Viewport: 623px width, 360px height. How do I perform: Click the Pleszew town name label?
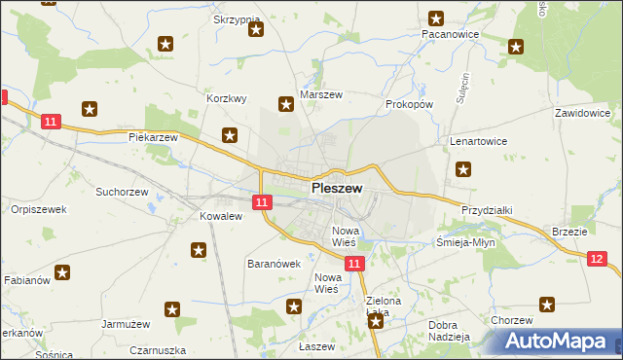337,188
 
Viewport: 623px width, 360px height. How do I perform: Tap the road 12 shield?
598,258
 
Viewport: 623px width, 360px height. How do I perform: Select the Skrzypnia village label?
236,19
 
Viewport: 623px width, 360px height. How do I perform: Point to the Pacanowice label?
450,33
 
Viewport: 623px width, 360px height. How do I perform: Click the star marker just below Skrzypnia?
256,29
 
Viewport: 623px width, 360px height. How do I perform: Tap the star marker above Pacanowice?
436,18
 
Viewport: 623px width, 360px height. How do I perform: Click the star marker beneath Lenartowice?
463,169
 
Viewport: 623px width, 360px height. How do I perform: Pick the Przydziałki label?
487,210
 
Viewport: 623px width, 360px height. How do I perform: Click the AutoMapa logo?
561,341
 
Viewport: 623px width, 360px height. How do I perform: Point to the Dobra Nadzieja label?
449,331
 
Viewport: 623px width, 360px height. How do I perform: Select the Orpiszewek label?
37,209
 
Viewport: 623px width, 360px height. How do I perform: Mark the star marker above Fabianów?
62,273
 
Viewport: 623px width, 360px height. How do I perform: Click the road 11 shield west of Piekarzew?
53,122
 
